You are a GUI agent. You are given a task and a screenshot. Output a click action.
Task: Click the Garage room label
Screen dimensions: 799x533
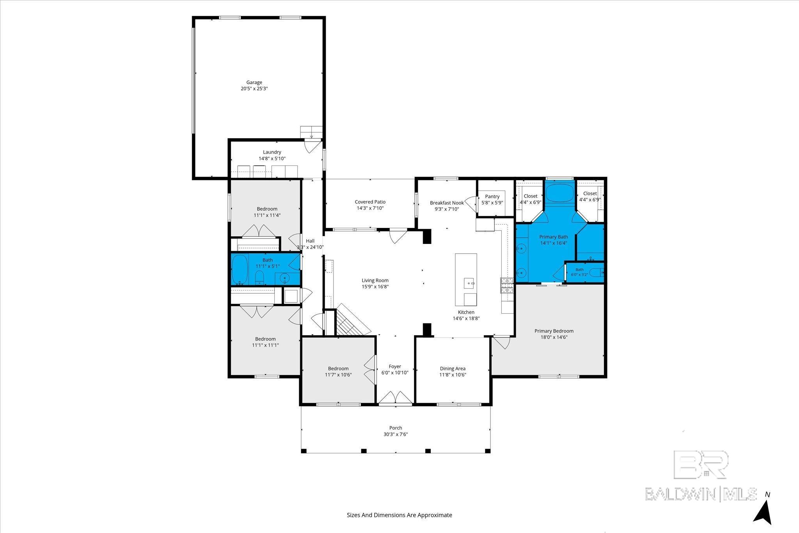coord(254,82)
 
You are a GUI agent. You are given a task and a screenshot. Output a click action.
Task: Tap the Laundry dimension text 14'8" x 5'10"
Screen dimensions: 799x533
coord(272,158)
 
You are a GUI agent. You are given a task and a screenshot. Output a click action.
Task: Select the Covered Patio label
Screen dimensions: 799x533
coord(370,202)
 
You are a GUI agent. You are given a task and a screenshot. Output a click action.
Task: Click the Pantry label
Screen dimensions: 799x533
coord(492,196)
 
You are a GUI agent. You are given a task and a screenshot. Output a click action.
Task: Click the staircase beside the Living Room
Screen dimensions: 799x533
coord(353,320)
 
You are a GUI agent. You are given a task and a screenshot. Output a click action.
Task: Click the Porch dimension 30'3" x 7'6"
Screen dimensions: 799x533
coord(396,434)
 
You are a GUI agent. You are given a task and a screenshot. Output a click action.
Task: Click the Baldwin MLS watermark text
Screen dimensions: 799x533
coord(701,494)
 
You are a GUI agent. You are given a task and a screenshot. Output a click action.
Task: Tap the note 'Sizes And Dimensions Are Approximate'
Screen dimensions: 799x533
coord(399,515)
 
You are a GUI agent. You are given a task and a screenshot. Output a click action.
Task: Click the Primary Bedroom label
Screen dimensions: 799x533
coord(554,331)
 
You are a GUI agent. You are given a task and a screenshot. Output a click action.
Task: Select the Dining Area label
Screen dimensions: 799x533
coord(453,368)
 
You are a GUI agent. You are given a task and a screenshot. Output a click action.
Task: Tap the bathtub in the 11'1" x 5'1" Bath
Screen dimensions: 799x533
coord(240,270)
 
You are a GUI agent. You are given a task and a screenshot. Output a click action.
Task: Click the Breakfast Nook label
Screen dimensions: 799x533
coord(447,203)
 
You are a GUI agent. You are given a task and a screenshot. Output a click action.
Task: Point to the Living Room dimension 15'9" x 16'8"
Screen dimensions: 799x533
coord(375,286)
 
